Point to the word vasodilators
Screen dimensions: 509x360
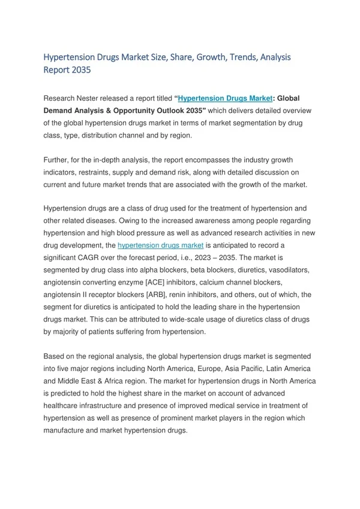click(287, 270)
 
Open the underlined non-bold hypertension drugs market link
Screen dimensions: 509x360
click(161, 245)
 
